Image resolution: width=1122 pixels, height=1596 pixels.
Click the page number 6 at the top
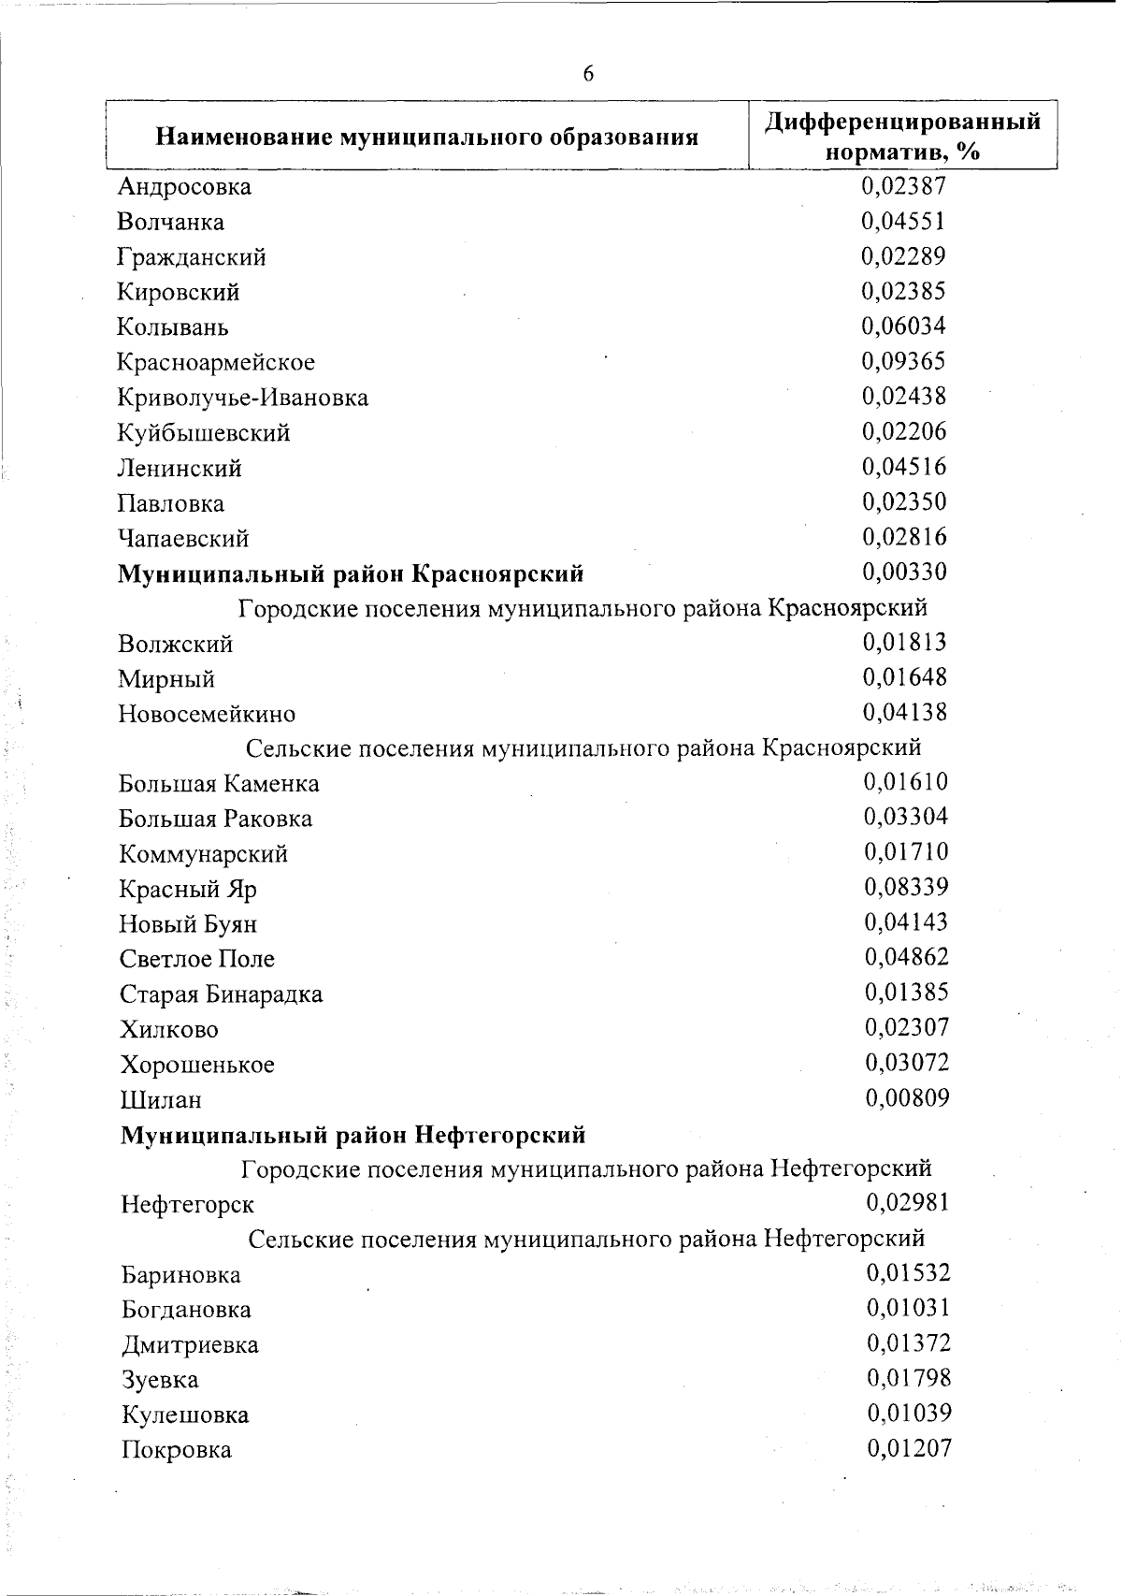(x=587, y=74)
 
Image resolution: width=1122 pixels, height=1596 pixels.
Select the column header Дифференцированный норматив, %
(x=902, y=137)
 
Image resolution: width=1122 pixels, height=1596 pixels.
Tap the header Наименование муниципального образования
(x=427, y=138)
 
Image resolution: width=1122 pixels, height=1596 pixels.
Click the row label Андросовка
(x=184, y=187)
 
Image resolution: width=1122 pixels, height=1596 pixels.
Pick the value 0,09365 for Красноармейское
(x=903, y=361)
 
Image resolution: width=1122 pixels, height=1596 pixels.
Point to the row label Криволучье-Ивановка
(x=243, y=398)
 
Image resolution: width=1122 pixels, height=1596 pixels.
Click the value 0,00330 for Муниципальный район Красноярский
(x=904, y=571)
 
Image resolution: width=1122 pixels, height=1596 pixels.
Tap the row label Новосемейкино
(x=207, y=714)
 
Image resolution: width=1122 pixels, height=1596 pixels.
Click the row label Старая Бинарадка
(x=221, y=994)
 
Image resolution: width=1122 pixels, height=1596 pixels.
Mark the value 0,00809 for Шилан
(x=907, y=1097)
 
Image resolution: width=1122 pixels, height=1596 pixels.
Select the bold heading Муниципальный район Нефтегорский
(x=352, y=1135)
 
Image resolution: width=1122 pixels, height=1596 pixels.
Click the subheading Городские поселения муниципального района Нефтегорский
(x=586, y=1168)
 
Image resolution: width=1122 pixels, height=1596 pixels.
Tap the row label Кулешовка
(x=185, y=1415)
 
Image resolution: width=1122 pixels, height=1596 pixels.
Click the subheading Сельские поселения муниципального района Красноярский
(x=583, y=747)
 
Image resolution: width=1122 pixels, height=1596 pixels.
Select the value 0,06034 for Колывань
(x=903, y=326)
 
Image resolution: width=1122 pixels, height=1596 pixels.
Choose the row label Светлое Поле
(x=197, y=959)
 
